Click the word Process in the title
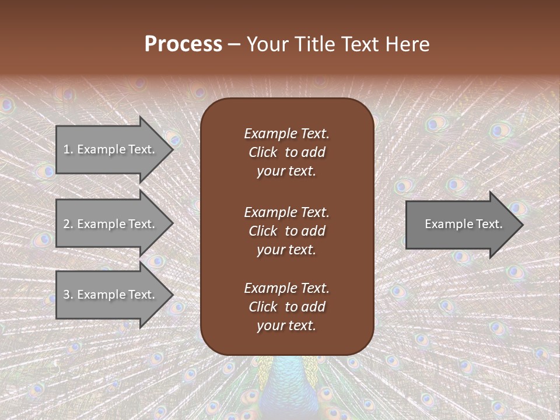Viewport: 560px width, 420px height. (x=183, y=44)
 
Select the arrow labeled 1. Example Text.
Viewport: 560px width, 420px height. (x=111, y=149)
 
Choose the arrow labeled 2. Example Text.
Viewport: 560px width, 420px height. (x=111, y=224)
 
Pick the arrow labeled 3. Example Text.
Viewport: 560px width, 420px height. (x=111, y=295)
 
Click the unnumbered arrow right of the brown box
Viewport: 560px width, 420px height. (x=461, y=225)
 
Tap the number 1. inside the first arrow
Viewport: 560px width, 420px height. (x=68, y=149)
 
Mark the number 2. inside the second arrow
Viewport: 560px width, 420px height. (x=68, y=224)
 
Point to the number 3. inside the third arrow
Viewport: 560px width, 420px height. (x=68, y=295)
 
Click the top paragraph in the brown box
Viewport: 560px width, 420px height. (x=286, y=152)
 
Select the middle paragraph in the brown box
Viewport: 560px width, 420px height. (x=286, y=230)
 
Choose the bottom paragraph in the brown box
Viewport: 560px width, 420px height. (x=286, y=307)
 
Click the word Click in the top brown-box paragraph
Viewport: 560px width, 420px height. (x=262, y=152)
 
